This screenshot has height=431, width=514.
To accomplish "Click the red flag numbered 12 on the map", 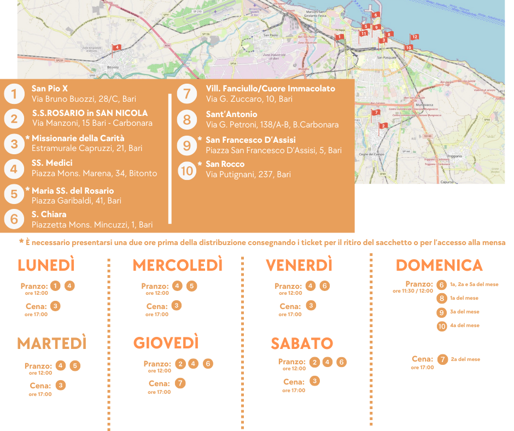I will (414, 37).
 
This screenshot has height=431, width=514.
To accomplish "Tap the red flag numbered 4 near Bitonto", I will (116, 48).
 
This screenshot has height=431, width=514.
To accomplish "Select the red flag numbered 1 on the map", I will (340, 37).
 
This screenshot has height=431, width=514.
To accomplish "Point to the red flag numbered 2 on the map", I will (383, 126).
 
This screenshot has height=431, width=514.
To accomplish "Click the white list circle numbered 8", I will (187, 119).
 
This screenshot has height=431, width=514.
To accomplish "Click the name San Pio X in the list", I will (50, 88).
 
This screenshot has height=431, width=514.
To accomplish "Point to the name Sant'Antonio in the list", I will (231, 114).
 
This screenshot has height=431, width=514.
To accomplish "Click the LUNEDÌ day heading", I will (46, 265).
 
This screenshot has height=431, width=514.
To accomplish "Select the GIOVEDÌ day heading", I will (166, 343).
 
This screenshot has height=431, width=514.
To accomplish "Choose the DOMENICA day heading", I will (439, 265).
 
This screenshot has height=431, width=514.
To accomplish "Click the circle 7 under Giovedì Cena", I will (180, 383).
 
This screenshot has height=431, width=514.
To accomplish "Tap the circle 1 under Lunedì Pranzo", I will (55, 286).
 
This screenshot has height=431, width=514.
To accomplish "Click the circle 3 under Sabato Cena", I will (314, 381).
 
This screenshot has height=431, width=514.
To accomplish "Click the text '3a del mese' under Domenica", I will (465, 312).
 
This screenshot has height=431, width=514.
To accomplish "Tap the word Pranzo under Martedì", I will (38, 366).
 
